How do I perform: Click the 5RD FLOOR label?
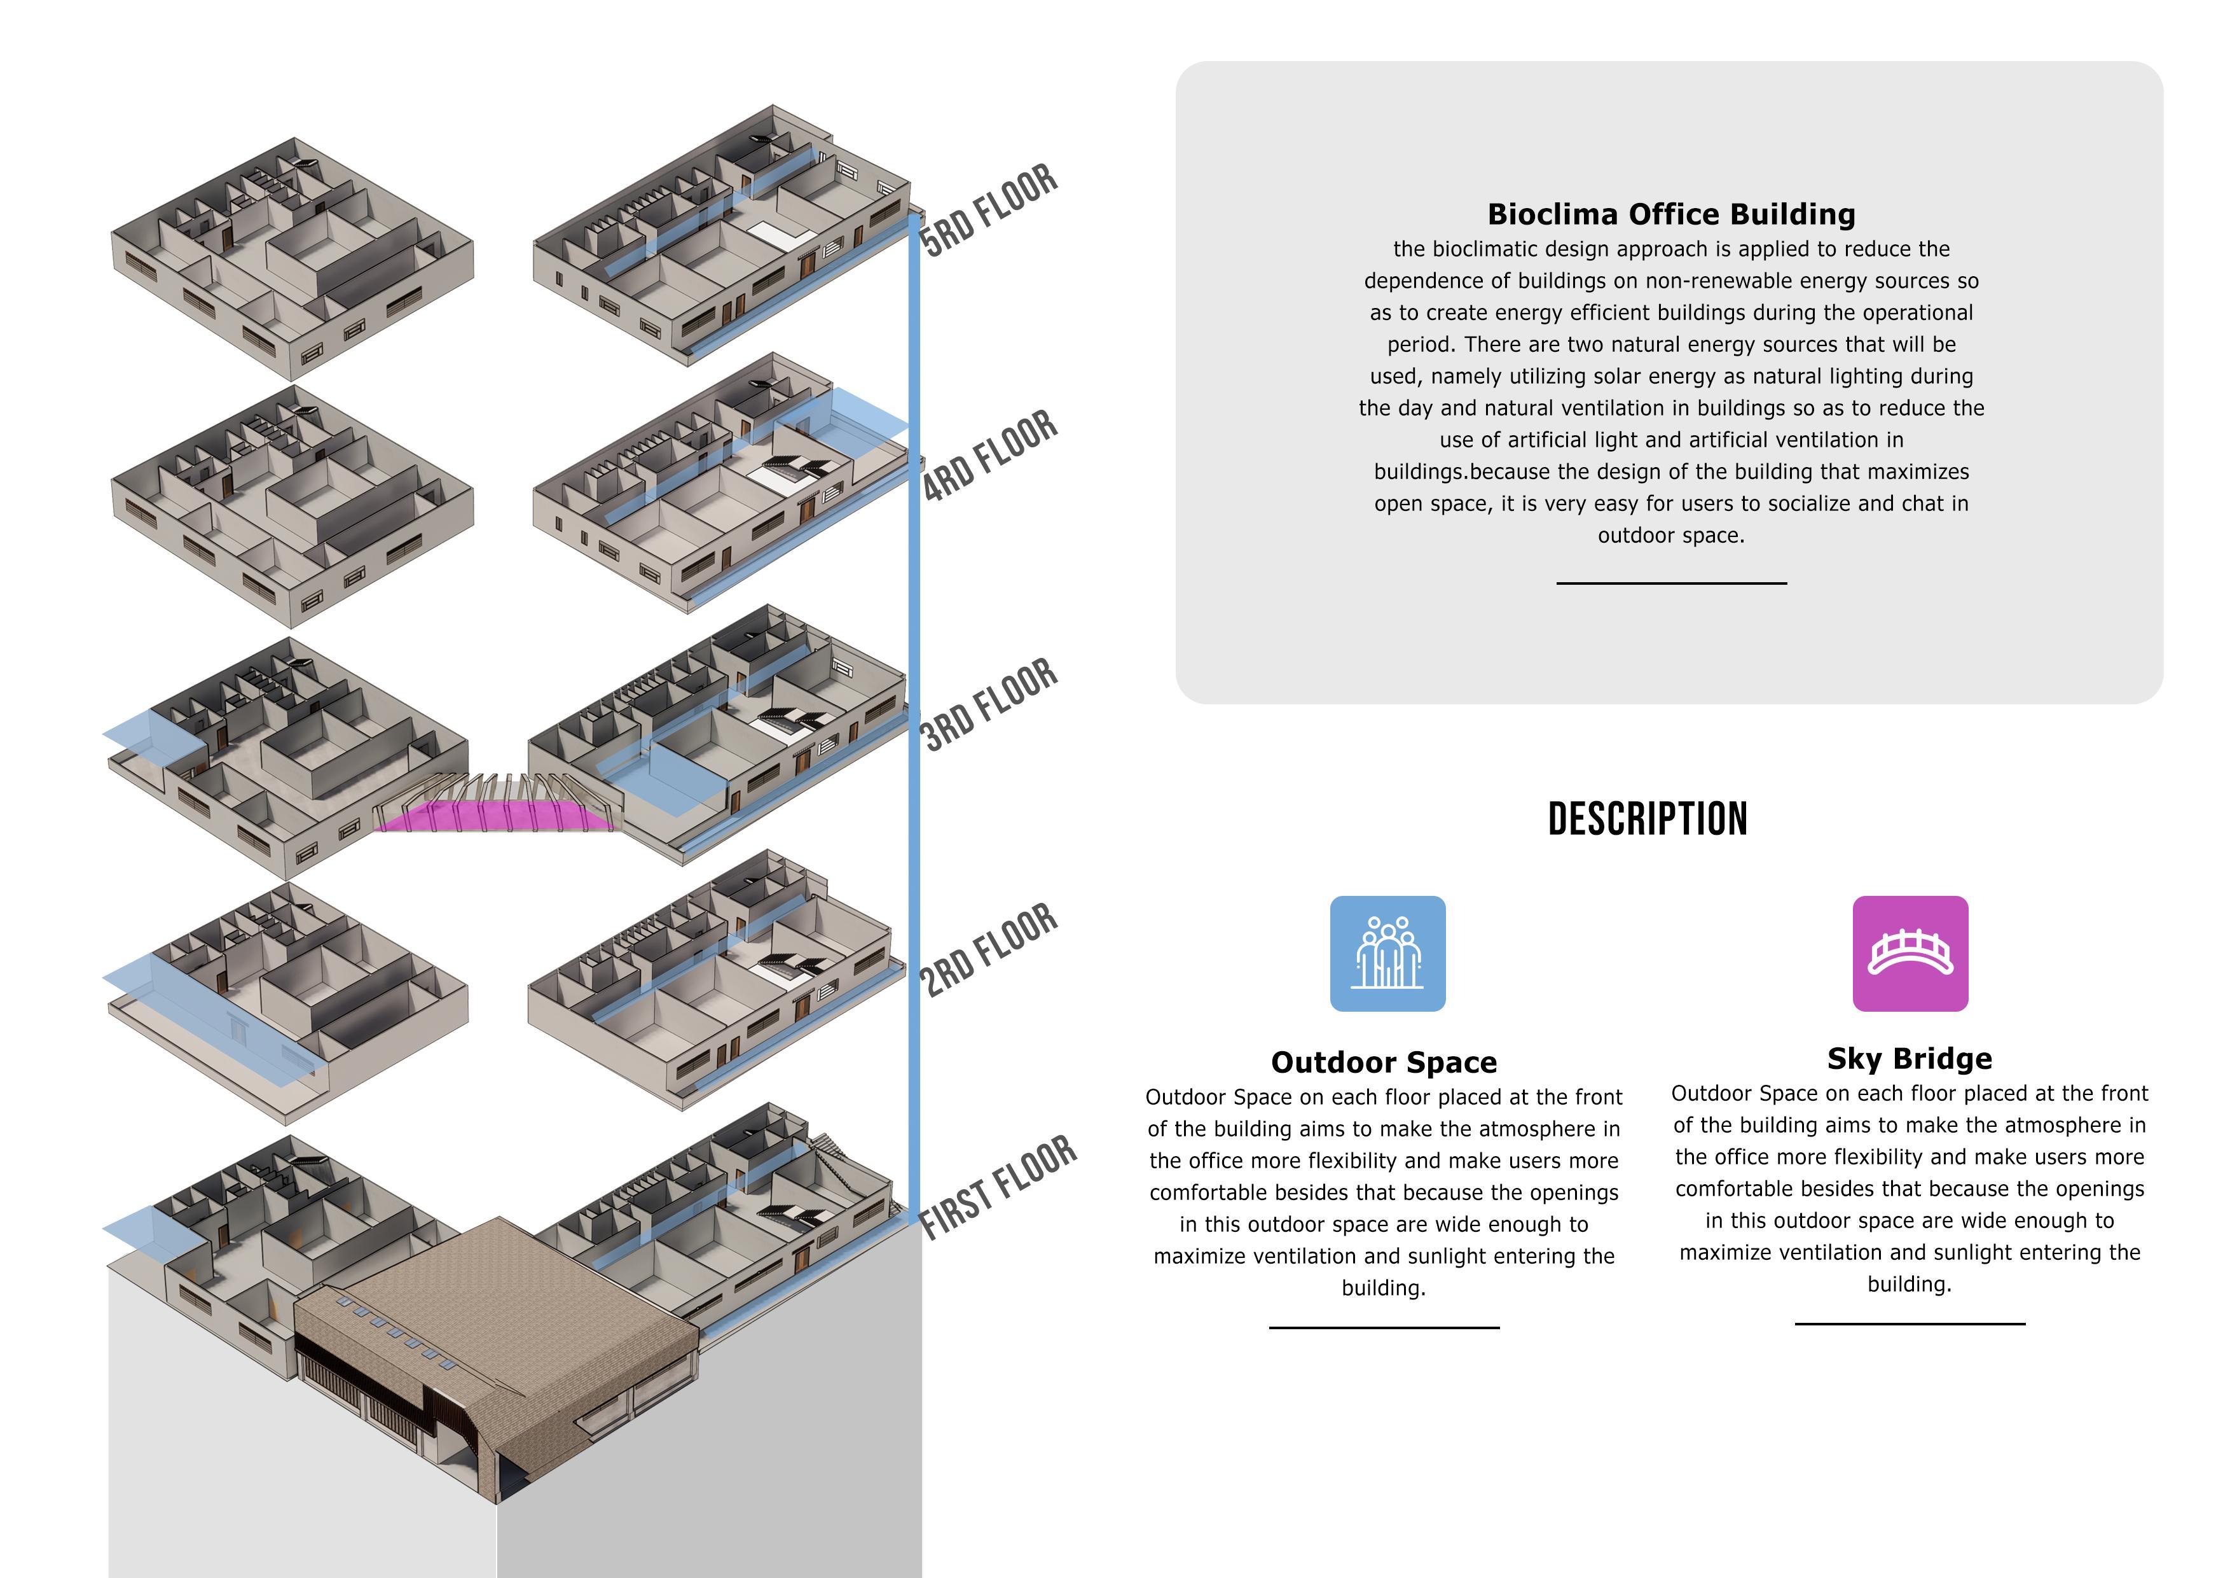(989, 210)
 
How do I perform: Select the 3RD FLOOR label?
(989, 704)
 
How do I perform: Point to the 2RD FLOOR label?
(989, 949)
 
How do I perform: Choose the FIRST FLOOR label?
(998, 1187)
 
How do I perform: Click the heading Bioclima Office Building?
(1670, 214)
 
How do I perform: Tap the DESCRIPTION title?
(1648, 819)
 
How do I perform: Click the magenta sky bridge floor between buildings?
(495, 817)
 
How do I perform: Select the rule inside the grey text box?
(1670, 583)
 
